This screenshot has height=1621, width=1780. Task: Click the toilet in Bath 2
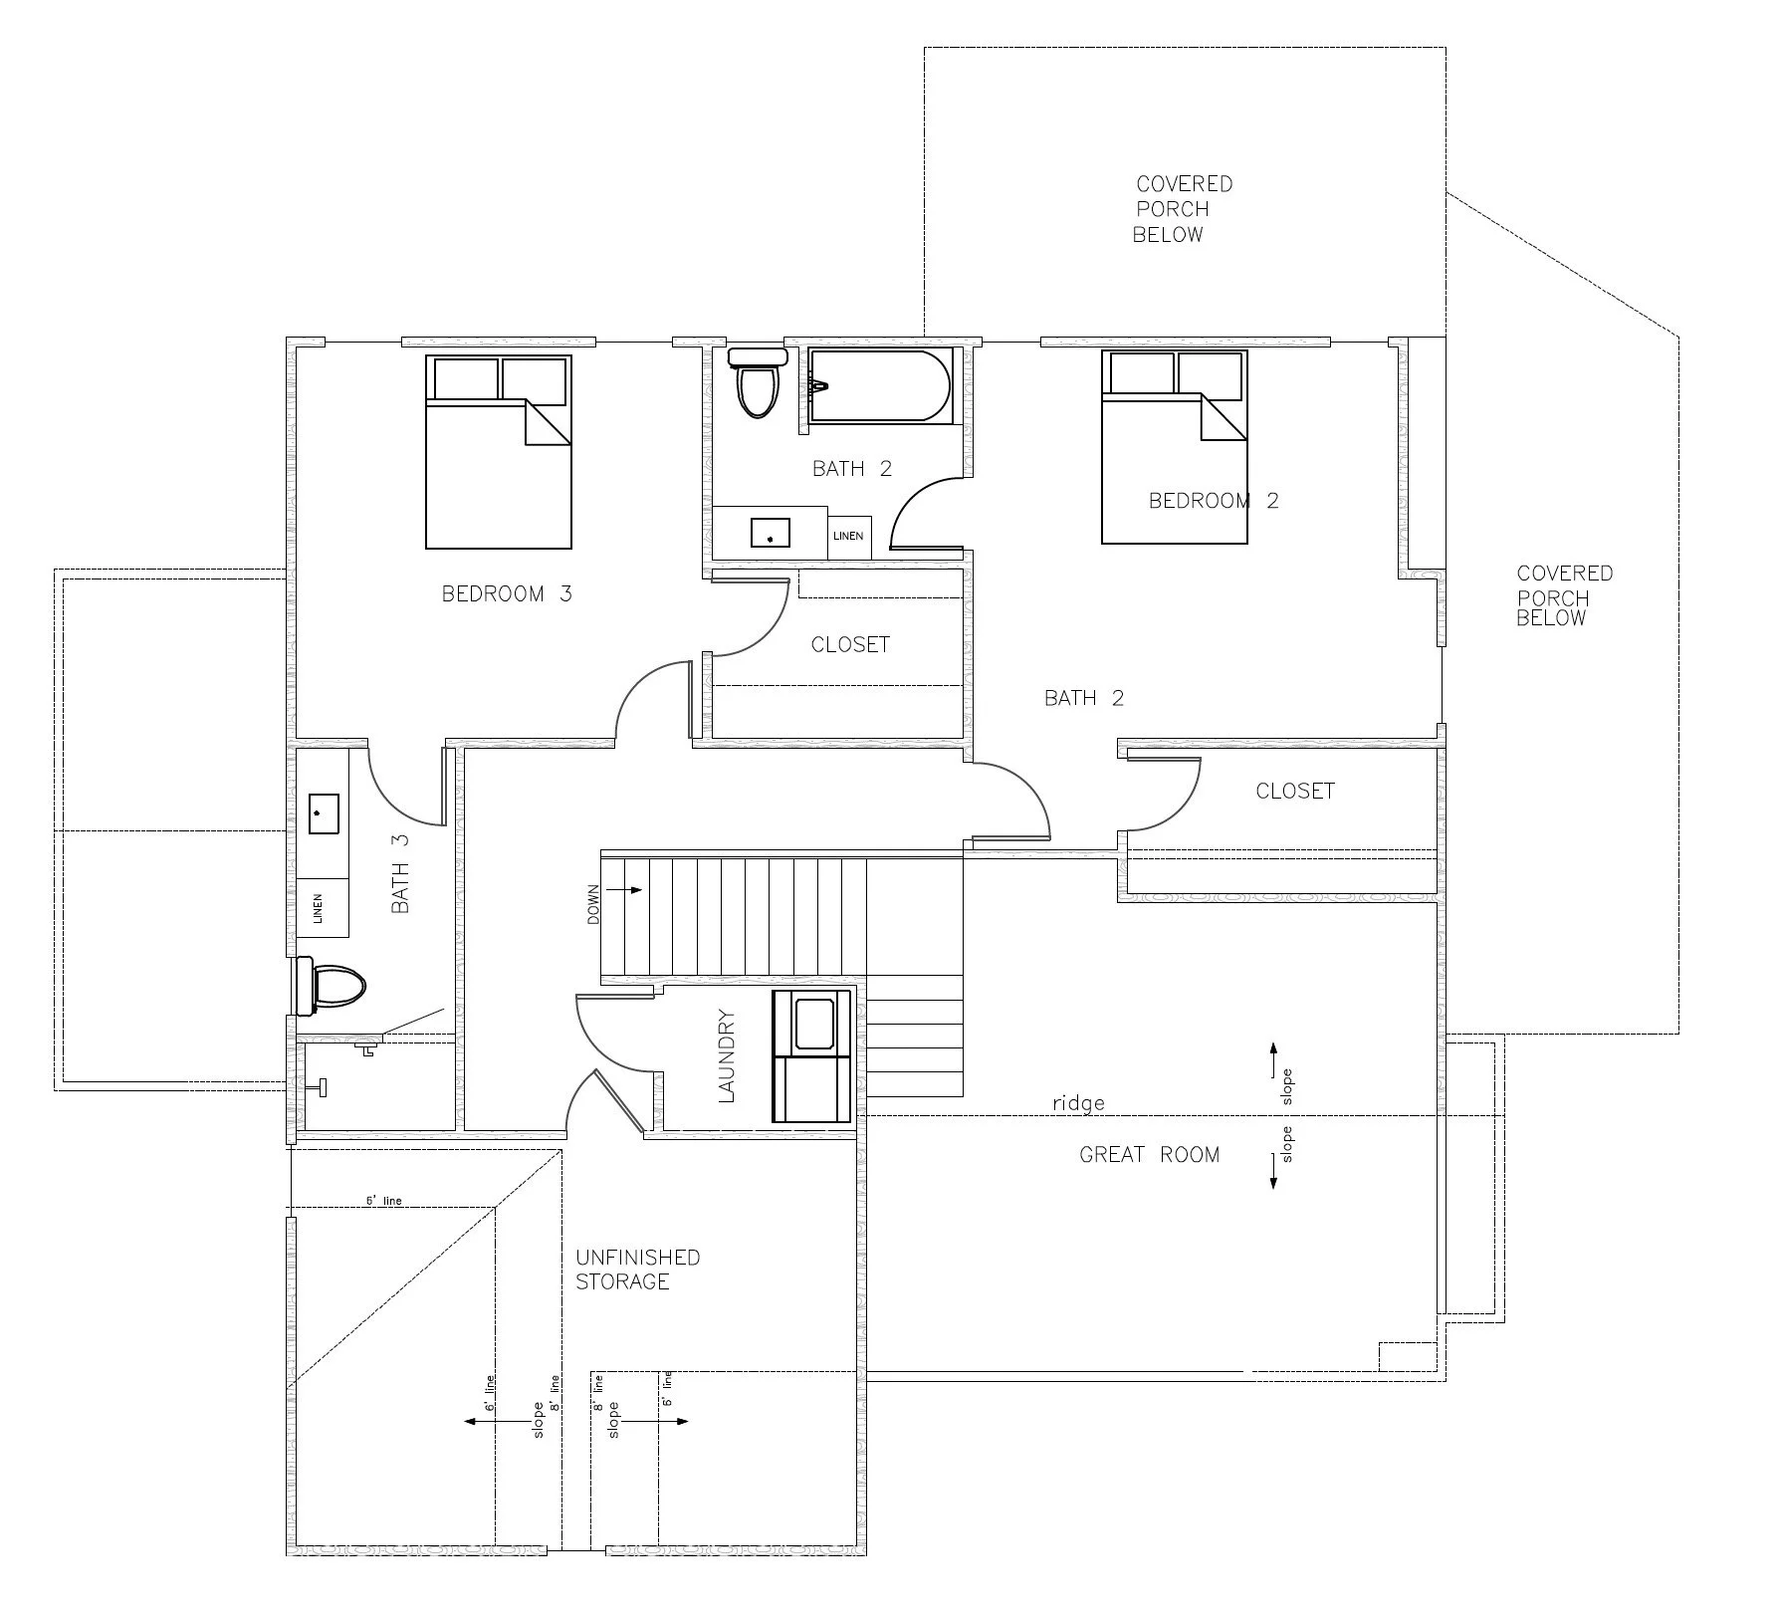tap(757, 382)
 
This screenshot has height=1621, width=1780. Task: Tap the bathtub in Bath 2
tap(879, 385)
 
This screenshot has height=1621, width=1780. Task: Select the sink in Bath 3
tap(324, 812)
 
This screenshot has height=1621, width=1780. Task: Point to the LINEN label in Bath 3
tap(319, 908)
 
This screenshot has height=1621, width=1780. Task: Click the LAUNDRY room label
tap(727, 1056)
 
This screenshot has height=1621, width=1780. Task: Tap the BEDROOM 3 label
tap(507, 594)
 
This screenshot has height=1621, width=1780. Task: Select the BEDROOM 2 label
tap(1214, 501)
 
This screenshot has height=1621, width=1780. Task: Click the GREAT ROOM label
tap(1149, 1155)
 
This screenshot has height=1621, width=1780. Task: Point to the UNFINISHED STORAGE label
tap(637, 1270)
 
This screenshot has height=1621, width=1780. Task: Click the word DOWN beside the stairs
tap(593, 905)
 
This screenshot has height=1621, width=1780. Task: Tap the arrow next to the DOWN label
tap(626, 890)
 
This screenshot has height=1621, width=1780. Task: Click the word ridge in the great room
tap(1078, 1103)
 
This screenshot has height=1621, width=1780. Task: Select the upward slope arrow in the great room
tap(1272, 1060)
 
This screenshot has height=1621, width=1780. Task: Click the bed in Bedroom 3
tap(499, 452)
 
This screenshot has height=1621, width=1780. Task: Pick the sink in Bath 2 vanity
tap(770, 533)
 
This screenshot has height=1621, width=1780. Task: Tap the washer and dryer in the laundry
tap(812, 1056)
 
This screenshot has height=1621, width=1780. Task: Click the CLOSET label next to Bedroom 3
tap(850, 645)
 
